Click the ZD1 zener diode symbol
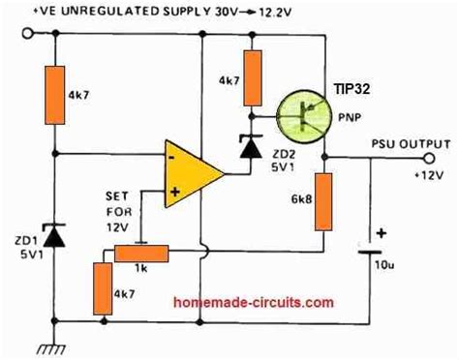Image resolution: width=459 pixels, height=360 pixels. pos(55,236)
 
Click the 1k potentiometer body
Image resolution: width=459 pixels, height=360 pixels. pos(141,252)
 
